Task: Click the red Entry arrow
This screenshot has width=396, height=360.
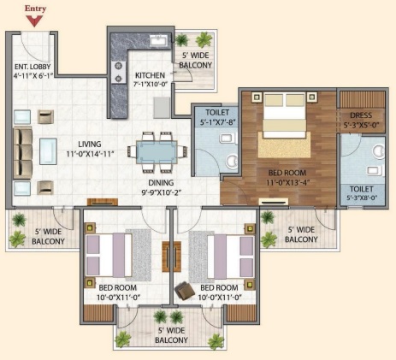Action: coord(34,21)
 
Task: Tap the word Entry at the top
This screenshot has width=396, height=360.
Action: coord(35,9)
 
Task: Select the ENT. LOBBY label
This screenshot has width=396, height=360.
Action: coord(33,67)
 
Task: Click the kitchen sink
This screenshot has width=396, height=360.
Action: coord(160,40)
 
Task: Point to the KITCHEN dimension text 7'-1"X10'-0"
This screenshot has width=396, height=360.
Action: coord(150,84)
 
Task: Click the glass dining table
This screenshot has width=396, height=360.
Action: coord(157,152)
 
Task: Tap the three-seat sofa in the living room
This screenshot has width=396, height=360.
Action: coord(23,152)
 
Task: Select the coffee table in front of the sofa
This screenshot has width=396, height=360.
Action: coord(48,151)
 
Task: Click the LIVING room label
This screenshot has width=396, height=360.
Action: coord(90,145)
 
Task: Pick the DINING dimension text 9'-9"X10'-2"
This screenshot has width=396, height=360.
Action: coord(162,193)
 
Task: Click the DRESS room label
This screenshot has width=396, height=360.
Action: coord(361,115)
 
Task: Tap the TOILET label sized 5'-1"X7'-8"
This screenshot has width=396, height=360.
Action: coord(217,117)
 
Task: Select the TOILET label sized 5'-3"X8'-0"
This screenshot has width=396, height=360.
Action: coord(362,193)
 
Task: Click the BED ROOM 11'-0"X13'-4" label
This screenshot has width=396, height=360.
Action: coord(287,177)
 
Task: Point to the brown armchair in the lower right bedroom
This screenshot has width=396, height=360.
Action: coord(185,290)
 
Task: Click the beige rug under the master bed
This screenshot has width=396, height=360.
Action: coord(284,145)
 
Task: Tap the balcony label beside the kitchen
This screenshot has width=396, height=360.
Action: coord(196,60)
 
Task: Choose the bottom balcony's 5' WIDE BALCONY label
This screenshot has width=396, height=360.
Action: coord(171,335)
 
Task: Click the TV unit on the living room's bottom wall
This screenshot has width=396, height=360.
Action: coord(103,202)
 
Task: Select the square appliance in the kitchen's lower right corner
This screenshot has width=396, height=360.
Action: coord(162,108)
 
